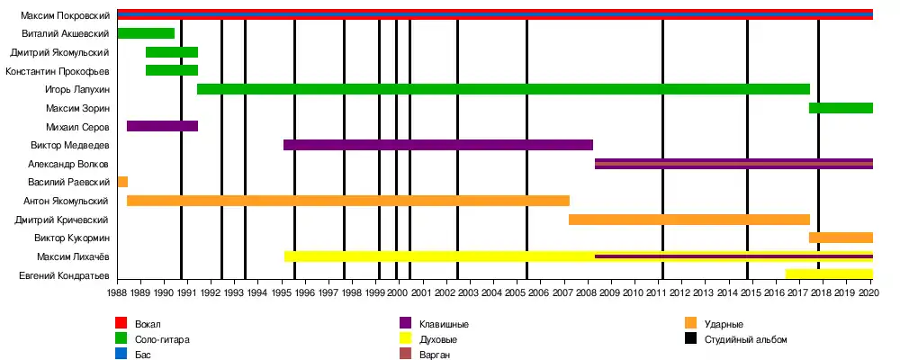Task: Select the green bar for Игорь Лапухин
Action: tap(503, 89)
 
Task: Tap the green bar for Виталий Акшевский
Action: tap(146, 33)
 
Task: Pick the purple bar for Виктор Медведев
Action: tap(438, 145)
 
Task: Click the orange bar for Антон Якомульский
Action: tap(348, 201)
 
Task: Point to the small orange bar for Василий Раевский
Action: tap(122, 182)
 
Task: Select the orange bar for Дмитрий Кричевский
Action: tap(689, 220)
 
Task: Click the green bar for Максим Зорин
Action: tap(841, 108)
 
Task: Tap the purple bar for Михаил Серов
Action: tap(163, 126)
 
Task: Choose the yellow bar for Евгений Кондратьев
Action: tap(829, 274)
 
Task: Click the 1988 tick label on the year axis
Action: tap(118, 292)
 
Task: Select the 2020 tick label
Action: tap(869, 292)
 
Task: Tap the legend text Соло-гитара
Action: tap(162, 339)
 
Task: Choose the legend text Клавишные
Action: tap(444, 324)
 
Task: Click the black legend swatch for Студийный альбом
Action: tap(690, 339)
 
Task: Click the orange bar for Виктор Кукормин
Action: tap(841, 238)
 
